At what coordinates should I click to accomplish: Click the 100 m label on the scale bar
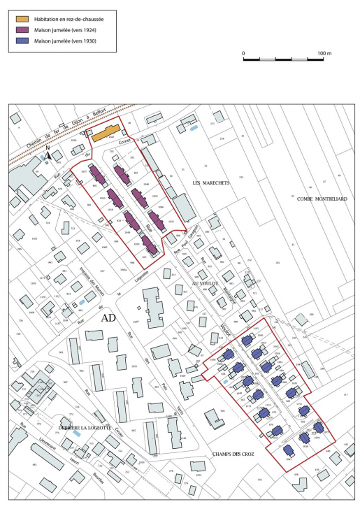click(323, 53)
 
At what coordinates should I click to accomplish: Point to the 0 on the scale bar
click(243, 53)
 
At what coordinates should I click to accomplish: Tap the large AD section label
click(108, 317)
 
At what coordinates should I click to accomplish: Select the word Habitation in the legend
click(48, 17)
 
